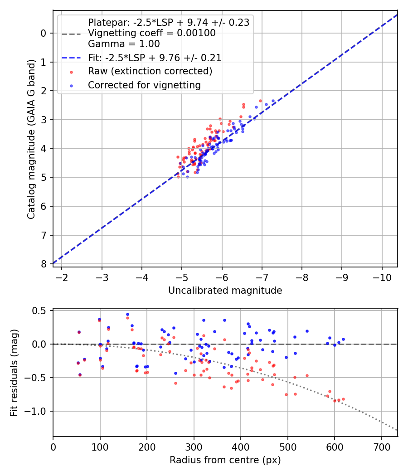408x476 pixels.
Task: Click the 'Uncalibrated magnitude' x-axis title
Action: tap(225, 291)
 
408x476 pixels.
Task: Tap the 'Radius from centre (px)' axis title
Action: tap(225, 460)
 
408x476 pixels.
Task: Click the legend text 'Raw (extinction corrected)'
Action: tap(150, 71)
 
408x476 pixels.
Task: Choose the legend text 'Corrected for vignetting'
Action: tap(144, 85)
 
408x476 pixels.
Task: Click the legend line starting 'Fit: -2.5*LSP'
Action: tap(155, 58)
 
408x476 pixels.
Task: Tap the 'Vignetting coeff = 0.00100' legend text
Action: tap(151, 33)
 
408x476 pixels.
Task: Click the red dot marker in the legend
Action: tap(71, 72)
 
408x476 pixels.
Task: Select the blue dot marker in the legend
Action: tap(71, 85)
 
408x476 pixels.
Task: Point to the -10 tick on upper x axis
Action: tap(382, 276)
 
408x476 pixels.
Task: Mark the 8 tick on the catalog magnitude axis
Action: tap(44, 264)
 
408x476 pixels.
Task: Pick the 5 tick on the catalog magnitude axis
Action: tap(44, 177)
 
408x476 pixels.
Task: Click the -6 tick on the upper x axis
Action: tap(222, 276)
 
